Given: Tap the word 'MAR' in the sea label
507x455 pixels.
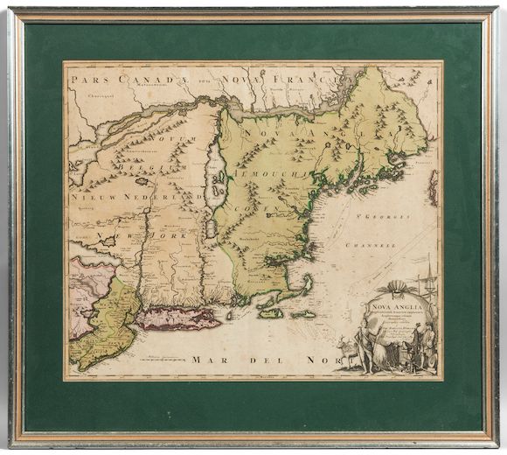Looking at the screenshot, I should (212, 360).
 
